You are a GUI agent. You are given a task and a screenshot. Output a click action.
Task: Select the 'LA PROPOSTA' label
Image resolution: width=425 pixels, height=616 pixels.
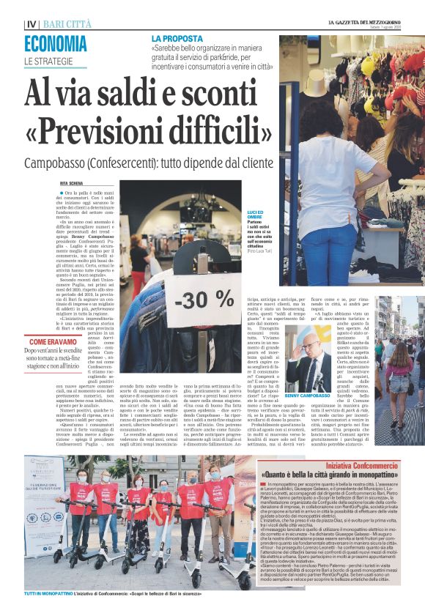[x=177, y=37]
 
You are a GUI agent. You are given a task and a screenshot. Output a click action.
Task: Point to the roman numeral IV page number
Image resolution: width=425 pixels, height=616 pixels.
[x=31, y=24]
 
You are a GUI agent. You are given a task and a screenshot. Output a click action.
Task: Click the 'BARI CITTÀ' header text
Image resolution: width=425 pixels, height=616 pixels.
[x=70, y=24]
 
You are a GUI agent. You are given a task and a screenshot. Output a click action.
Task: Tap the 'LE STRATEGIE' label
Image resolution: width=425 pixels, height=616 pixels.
[x=49, y=61]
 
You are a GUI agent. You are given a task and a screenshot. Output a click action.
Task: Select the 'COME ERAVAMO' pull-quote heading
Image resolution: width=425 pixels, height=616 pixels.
[x=53, y=342]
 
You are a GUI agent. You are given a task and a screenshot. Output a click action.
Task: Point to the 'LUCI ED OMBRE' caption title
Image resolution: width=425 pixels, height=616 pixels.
[x=256, y=214]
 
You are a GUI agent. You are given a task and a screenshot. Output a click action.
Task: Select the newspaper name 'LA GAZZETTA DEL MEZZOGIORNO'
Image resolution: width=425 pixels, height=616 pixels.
[x=364, y=23]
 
